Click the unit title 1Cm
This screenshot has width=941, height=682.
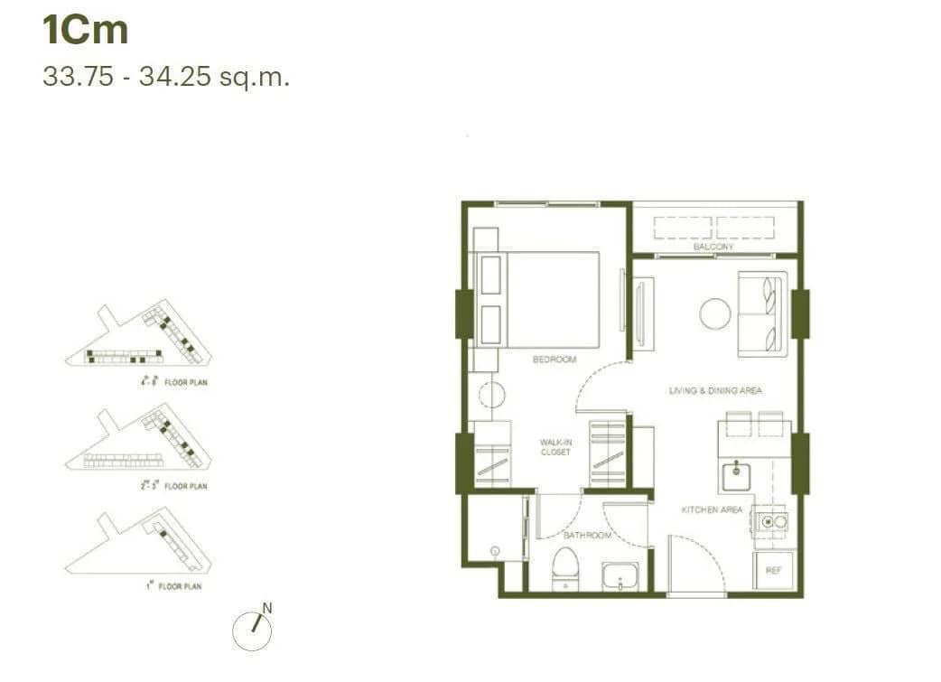[86, 31]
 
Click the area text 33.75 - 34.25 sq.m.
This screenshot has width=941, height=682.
[166, 77]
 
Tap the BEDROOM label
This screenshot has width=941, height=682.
[554, 360]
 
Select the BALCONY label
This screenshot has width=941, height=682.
[713, 247]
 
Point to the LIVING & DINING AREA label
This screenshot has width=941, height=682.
[715, 391]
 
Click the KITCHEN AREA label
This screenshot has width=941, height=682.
[712, 510]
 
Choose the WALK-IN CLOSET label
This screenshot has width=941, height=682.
[554, 447]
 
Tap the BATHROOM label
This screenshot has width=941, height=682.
[587, 536]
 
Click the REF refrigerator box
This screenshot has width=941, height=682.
[773, 570]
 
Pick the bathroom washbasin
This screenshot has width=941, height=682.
[621, 575]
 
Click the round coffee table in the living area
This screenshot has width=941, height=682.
[715, 313]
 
